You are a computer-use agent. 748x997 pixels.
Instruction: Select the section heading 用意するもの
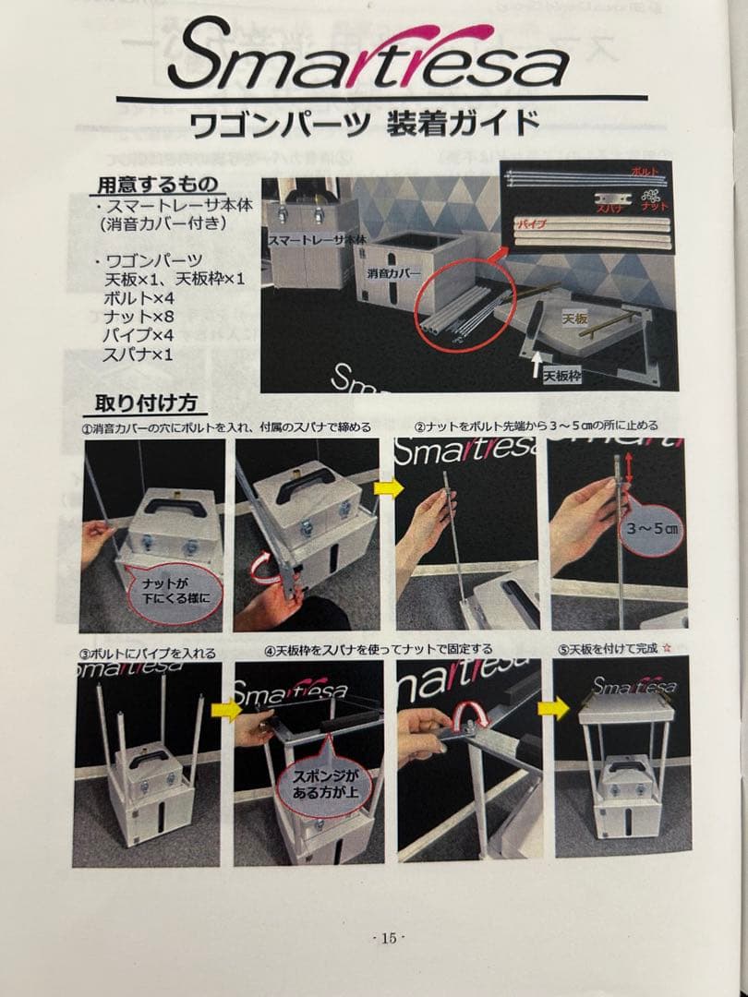159,184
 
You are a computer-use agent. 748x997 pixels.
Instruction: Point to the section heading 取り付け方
151,403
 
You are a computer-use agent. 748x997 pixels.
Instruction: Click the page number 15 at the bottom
388,938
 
